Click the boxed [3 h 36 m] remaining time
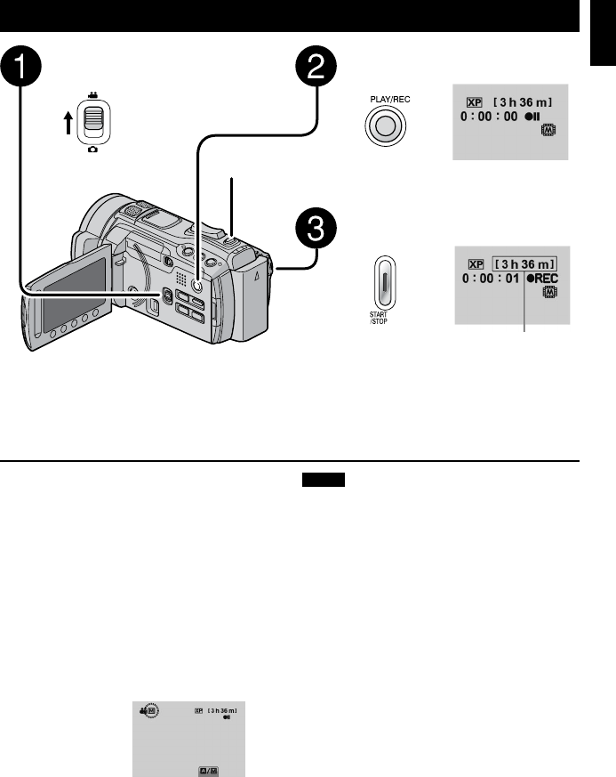tap(526, 263)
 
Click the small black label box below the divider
tap(321, 480)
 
